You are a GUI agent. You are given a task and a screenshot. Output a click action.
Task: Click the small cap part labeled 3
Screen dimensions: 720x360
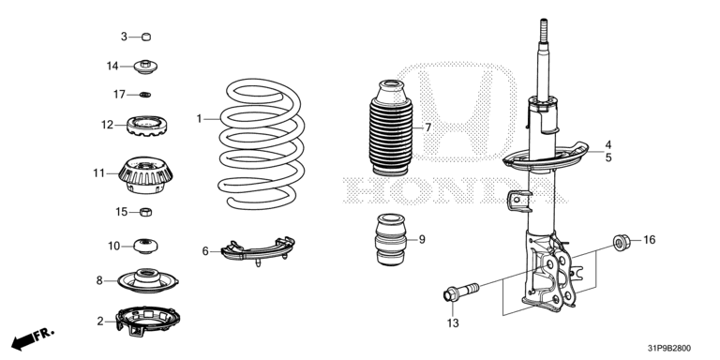pyautogui.click(x=146, y=37)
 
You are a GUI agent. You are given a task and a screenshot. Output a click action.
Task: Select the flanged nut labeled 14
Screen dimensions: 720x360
pyautogui.click(x=145, y=67)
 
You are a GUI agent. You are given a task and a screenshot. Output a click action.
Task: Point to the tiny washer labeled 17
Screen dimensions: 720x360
pyautogui.click(x=145, y=95)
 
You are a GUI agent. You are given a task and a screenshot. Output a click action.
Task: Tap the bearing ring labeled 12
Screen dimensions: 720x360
pyautogui.click(x=146, y=126)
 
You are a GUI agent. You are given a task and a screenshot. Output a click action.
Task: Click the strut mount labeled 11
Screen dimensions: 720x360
pyautogui.click(x=145, y=175)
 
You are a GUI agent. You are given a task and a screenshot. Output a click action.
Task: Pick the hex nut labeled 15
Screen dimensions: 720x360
pyautogui.click(x=145, y=212)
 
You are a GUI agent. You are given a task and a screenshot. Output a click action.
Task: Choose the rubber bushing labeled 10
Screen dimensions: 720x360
pyautogui.click(x=145, y=246)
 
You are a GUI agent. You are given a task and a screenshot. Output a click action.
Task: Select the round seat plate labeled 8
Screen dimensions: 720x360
pyautogui.click(x=147, y=280)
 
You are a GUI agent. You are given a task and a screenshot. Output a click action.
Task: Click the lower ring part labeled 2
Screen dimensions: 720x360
pyautogui.click(x=147, y=320)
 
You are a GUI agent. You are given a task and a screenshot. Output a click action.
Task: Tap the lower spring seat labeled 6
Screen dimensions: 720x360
pyautogui.click(x=257, y=250)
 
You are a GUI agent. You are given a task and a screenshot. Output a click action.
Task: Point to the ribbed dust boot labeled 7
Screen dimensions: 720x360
pyautogui.click(x=391, y=127)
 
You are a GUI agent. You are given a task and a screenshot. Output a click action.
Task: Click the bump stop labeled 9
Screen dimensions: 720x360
pyautogui.click(x=391, y=240)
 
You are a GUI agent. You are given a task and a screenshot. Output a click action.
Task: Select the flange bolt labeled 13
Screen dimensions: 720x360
pyautogui.click(x=461, y=292)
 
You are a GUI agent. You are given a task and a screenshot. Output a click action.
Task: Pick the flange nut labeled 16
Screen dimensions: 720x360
pyautogui.click(x=622, y=242)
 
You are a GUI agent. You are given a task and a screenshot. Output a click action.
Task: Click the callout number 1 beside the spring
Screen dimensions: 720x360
pyautogui.click(x=200, y=119)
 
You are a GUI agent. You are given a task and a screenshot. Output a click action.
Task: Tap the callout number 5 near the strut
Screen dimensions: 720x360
pyautogui.click(x=608, y=157)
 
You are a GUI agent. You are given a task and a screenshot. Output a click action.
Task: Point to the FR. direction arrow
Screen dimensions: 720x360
pyautogui.click(x=32, y=337)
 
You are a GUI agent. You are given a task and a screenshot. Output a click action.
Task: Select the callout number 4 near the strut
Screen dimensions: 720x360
pyautogui.click(x=607, y=144)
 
